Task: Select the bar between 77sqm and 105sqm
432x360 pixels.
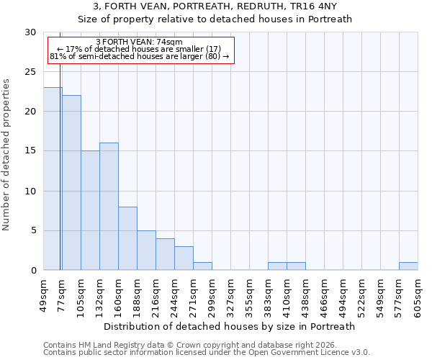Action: click(x=71, y=183)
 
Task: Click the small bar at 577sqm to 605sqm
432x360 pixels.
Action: click(x=408, y=266)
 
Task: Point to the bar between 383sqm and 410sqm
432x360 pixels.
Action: click(x=277, y=266)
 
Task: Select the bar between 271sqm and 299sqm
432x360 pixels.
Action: click(x=202, y=266)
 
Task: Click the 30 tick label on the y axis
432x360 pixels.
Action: click(x=30, y=32)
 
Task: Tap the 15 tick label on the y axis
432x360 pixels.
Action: click(x=30, y=151)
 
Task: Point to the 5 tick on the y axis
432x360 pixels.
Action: click(x=33, y=230)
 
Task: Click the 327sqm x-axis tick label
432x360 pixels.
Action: click(x=231, y=295)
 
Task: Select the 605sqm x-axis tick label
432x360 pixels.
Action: click(x=418, y=295)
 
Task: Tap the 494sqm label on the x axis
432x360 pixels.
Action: click(x=343, y=295)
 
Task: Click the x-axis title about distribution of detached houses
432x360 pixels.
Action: click(x=230, y=326)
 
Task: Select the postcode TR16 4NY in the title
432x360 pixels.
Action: click(x=316, y=6)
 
